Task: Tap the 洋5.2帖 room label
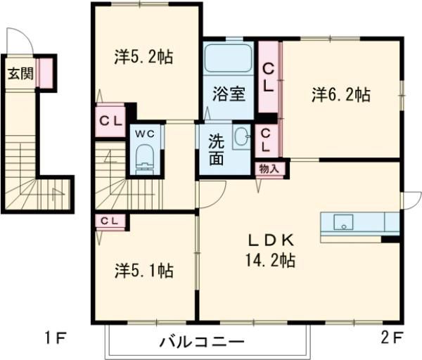(143, 57)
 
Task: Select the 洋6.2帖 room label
(341, 94)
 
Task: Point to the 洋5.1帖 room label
(144, 269)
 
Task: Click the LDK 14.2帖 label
(269, 249)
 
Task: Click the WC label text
(146, 132)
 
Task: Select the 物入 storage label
(269, 168)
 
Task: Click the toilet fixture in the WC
(146, 157)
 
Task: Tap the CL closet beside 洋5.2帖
(110, 120)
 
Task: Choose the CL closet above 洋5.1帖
(110, 221)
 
